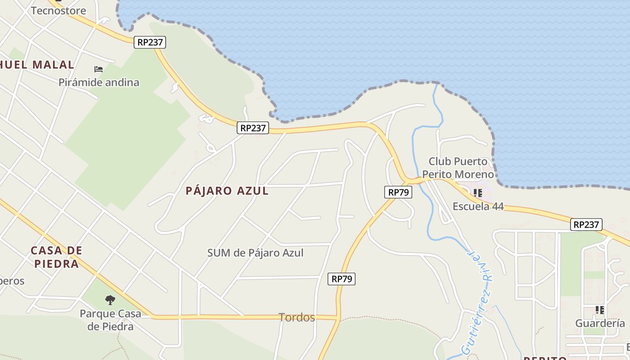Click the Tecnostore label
tap(58, 10)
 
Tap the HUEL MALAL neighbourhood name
tap(37, 65)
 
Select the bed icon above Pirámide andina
tap(99, 69)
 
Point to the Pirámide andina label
tap(99, 82)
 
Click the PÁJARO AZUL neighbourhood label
tap(227, 191)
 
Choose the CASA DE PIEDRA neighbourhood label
tap(57, 257)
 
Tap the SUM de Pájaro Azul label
tap(255, 253)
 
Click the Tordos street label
tap(297, 317)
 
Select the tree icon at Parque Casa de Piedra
tap(110, 300)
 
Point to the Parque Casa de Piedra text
tap(110, 320)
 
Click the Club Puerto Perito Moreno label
tap(458, 167)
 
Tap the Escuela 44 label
tap(478, 207)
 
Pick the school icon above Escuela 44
tap(478, 193)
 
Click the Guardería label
tap(600, 323)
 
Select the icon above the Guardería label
tap(599, 310)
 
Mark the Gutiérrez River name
tap(477, 301)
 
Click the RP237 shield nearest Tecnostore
tap(150, 42)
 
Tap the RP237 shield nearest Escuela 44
tap(586, 225)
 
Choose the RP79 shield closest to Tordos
tap(342, 279)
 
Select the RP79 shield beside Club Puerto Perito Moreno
tap(398, 192)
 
